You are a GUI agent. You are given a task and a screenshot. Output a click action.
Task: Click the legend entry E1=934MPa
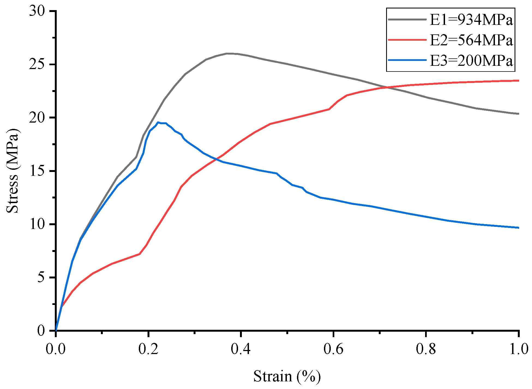point(471,20)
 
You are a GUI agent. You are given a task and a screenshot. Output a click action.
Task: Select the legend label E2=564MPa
point(471,40)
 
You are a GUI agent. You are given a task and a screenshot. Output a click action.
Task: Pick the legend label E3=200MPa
point(471,60)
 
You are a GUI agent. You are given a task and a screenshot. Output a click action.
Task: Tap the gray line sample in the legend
point(407,19)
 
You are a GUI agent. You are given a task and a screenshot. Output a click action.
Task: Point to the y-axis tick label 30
point(37,11)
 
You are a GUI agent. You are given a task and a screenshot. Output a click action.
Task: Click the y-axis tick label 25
point(37,65)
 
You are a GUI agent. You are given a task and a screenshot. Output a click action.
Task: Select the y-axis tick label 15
point(37,171)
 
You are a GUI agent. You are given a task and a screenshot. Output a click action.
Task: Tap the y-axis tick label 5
point(41,278)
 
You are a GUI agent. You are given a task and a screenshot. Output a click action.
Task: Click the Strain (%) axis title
point(287,376)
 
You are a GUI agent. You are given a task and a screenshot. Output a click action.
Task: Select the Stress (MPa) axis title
point(13,171)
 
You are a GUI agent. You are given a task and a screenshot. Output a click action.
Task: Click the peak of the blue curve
point(158,122)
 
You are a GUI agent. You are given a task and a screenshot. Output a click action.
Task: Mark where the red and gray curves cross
point(385,87)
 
